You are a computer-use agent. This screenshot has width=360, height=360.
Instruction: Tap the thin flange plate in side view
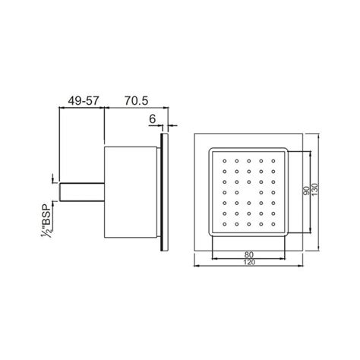(x=163, y=194)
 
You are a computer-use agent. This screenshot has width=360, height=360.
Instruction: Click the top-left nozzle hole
(x=226, y=161)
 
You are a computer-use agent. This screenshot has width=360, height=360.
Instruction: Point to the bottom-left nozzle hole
(x=226, y=226)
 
